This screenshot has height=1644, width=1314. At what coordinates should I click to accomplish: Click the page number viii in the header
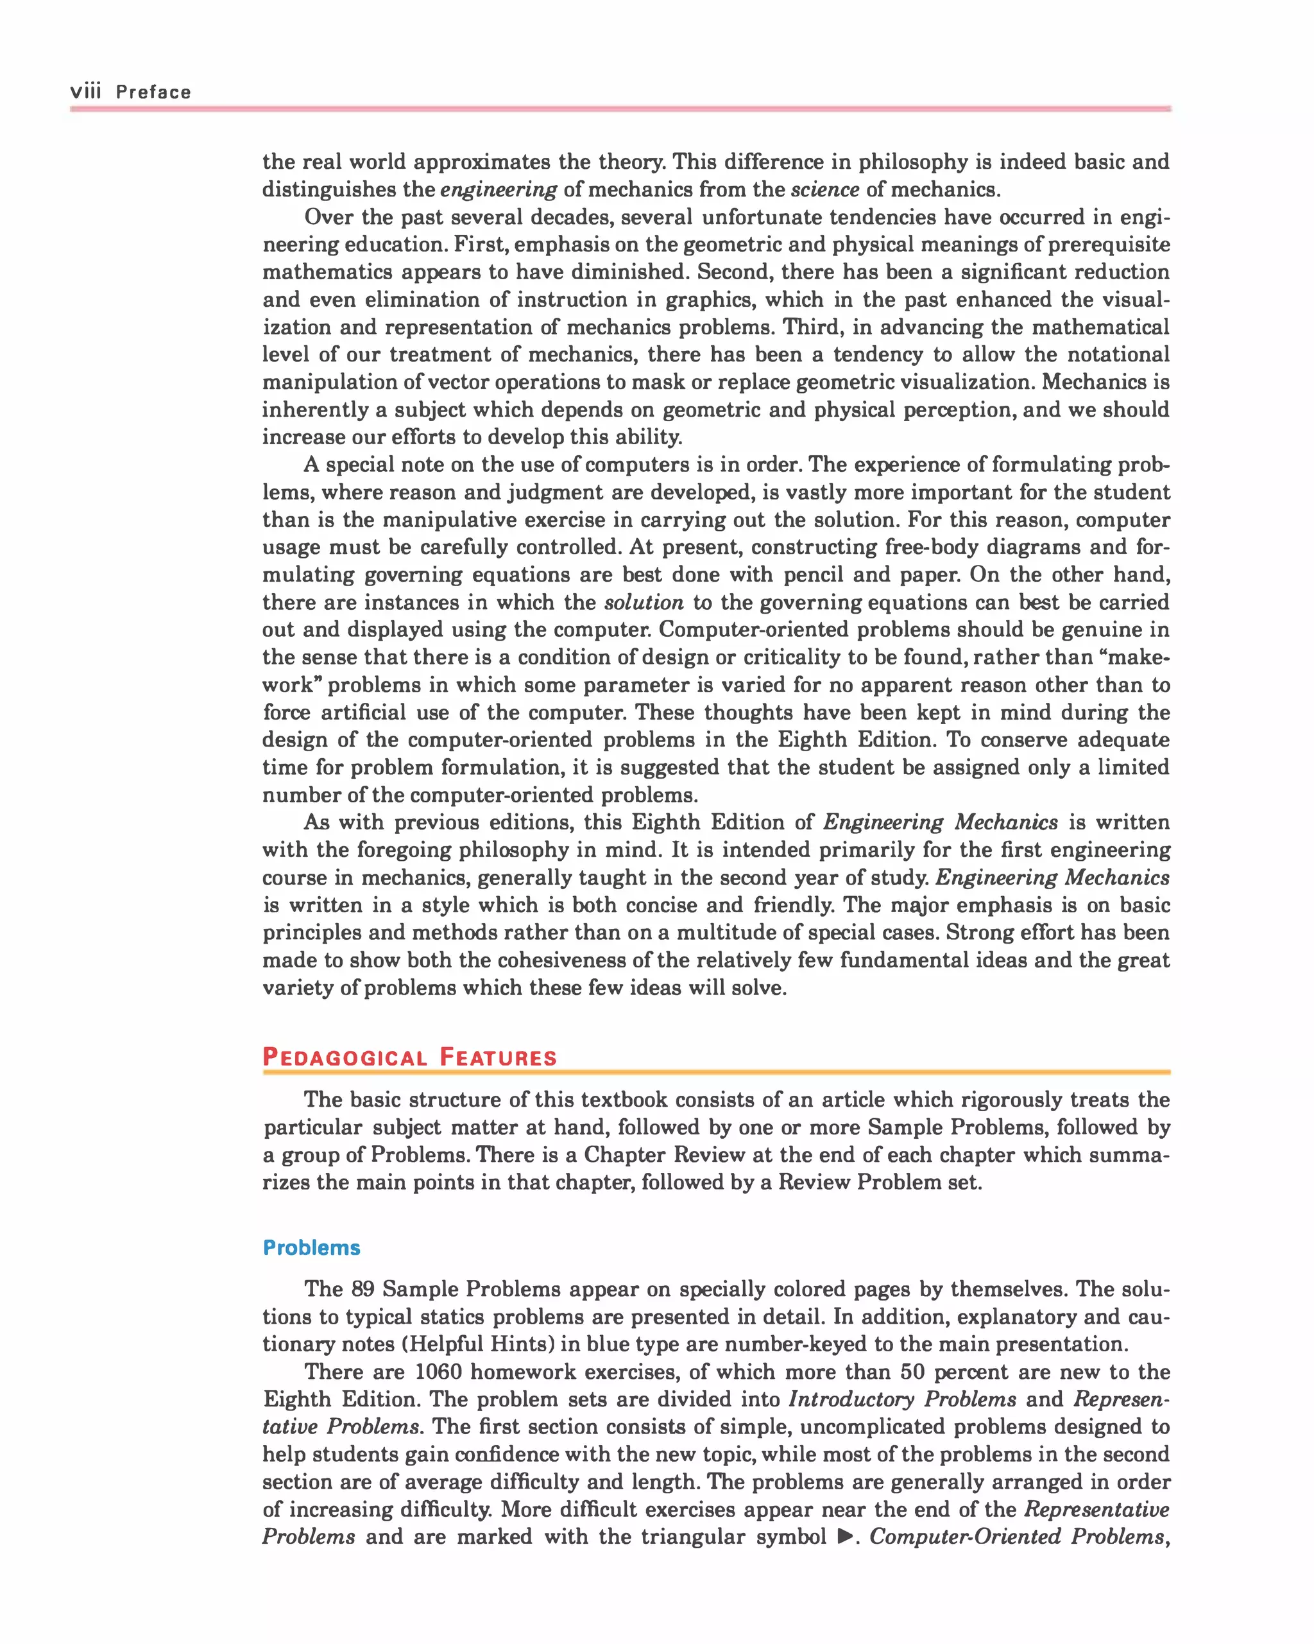[x=85, y=92]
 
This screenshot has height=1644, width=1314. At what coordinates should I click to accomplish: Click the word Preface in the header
[x=153, y=92]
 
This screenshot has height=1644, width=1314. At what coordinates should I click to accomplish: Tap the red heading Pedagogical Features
[x=409, y=1057]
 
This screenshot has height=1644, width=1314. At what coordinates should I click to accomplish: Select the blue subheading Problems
[x=311, y=1247]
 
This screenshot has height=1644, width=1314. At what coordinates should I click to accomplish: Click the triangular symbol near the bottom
[x=844, y=1536]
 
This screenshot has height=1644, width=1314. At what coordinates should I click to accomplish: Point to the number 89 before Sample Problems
[x=363, y=1288]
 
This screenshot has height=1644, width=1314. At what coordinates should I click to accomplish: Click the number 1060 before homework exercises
[x=438, y=1371]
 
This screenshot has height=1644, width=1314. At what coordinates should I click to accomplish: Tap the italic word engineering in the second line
[x=499, y=189]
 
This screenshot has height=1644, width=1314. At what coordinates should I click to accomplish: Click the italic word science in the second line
[x=824, y=189]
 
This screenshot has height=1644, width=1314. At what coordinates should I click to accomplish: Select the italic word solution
[x=644, y=602]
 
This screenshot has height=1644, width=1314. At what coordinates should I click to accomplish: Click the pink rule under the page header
[x=620, y=109]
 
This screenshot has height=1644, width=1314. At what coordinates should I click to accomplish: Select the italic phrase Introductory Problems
[x=901, y=1399]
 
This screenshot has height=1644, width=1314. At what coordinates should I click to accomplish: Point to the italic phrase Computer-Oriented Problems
[x=1017, y=1536]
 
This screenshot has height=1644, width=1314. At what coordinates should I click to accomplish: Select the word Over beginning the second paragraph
[x=328, y=218]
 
